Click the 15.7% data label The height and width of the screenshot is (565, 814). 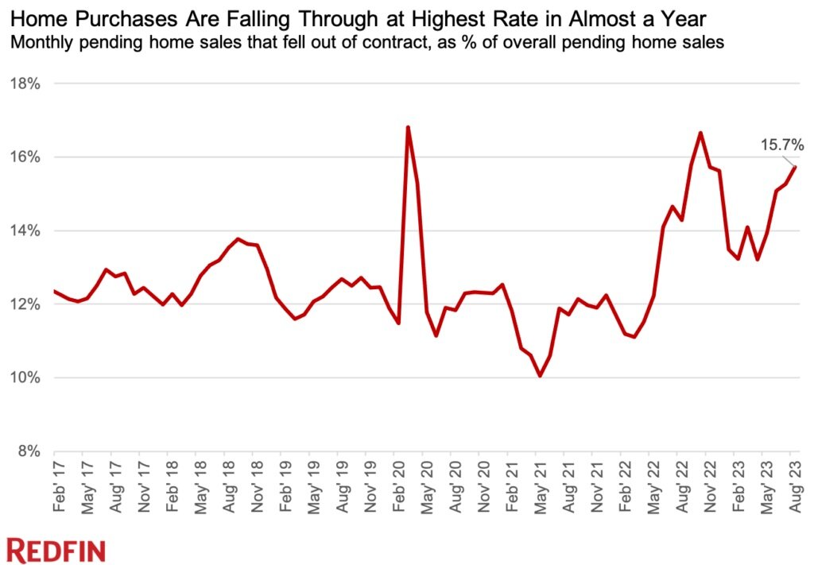point(781,145)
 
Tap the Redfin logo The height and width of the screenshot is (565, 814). point(56,549)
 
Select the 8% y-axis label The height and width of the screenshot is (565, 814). point(28,451)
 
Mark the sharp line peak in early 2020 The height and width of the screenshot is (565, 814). point(408,127)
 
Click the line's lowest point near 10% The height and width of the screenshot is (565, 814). point(540,376)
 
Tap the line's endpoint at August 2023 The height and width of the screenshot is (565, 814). point(795,166)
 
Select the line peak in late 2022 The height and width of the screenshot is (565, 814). point(700,133)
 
